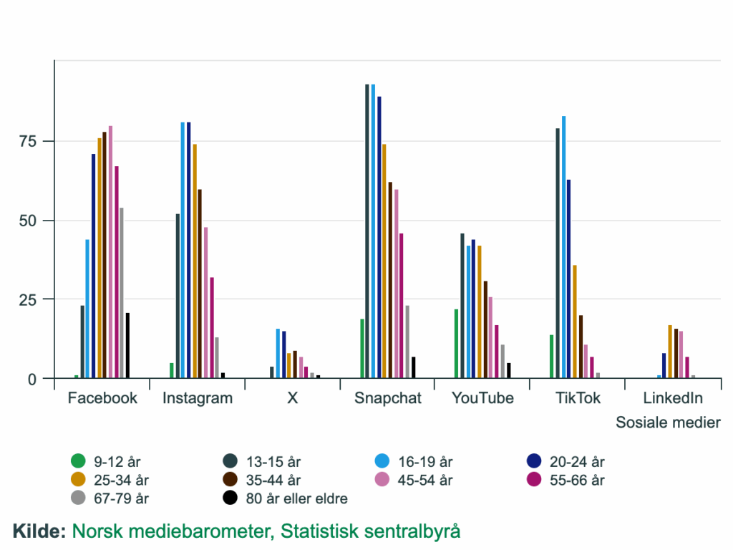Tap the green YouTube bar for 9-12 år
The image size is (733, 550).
pyautogui.click(x=457, y=344)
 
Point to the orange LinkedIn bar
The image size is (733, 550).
pyautogui.click(x=670, y=352)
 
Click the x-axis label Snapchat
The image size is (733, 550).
pyautogui.click(x=388, y=398)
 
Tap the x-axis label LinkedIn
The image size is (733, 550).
pyautogui.click(x=673, y=398)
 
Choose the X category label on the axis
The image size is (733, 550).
pyautogui.click(x=292, y=398)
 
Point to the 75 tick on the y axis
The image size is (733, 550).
pyautogui.click(x=28, y=141)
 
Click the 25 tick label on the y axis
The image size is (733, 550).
pyautogui.click(x=28, y=299)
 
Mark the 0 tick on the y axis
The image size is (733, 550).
pyautogui.click(x=31, y=379)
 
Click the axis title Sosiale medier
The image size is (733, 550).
pyautogui.click(x=668, y=423)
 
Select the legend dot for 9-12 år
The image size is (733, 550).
pyautogui.click(x=78, y=461)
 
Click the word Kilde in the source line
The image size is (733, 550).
pyautogui.click(x=39, y=531)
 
